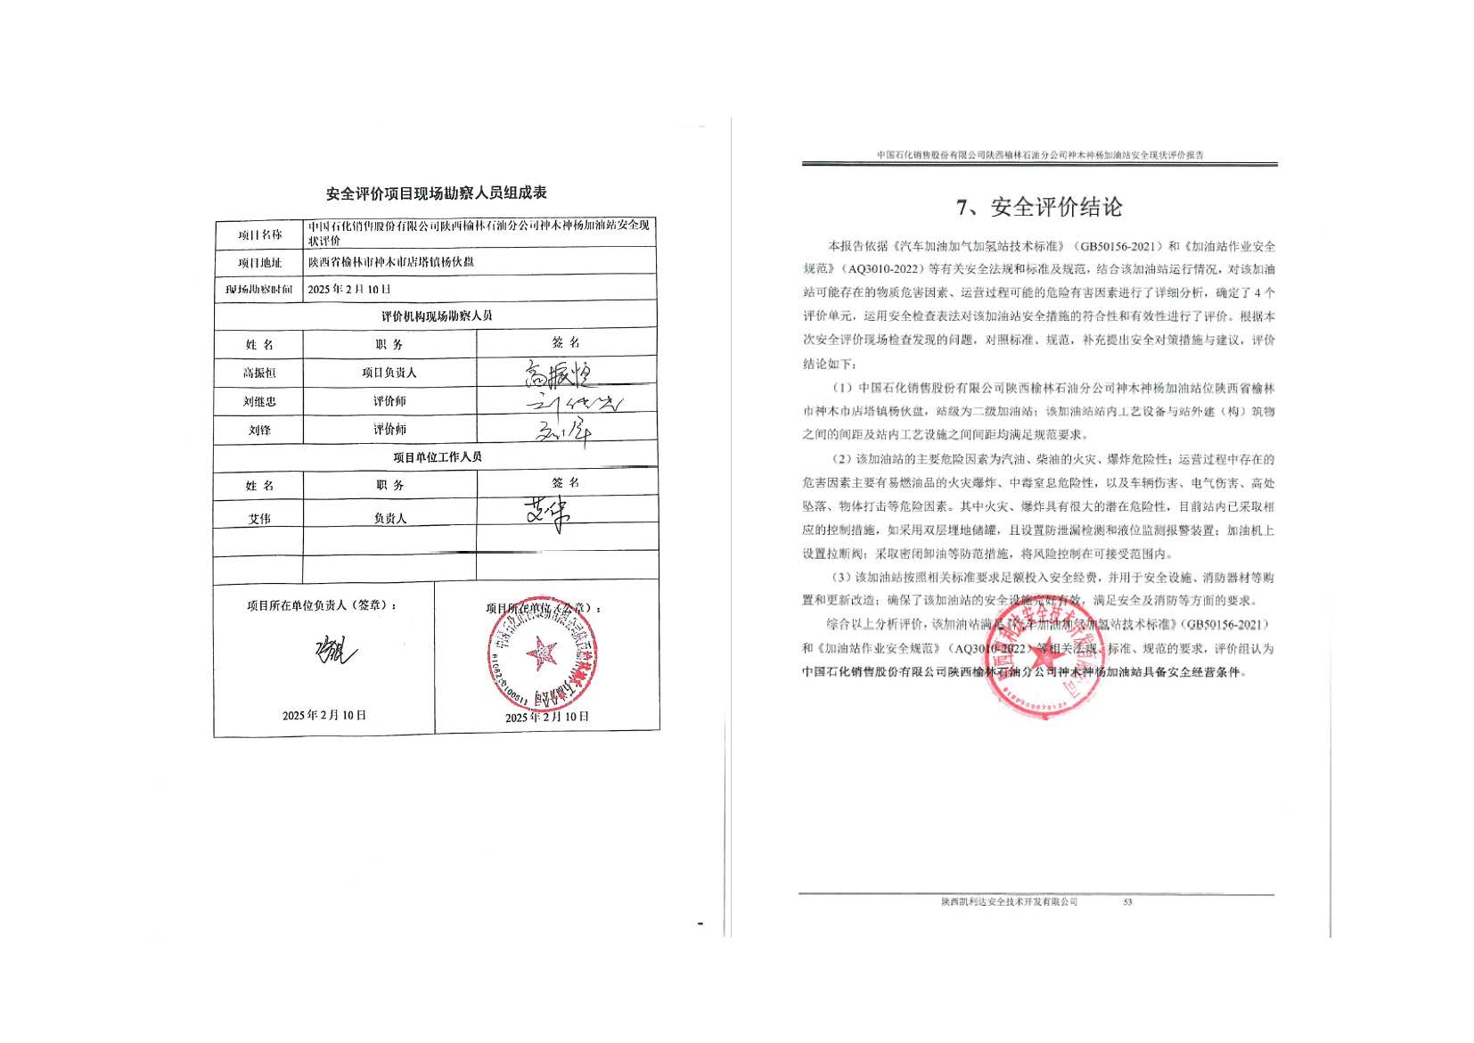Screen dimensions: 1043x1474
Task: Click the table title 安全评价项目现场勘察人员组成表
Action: tap(436, 193)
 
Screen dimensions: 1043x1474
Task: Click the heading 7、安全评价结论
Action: tap(1038, 208)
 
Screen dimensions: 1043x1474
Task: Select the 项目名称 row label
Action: tap(259, 235)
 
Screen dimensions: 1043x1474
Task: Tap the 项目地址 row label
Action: tap(259, 263)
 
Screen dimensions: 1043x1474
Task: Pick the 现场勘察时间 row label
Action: tap(259, 290)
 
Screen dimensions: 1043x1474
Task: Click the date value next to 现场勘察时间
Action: tap(349, 290)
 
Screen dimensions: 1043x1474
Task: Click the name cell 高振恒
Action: tap(259, 373)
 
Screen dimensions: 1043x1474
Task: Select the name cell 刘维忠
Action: tap(259, 401)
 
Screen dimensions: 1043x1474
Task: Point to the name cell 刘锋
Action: tap(259, 430)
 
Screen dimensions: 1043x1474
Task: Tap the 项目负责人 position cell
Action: tap(389, 373)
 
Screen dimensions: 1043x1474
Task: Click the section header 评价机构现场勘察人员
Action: tap(436, 316)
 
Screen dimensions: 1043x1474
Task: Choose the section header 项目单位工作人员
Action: tap(437, 457)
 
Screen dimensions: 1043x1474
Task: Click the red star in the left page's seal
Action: tap(541, 654)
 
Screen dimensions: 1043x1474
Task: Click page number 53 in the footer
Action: tap(1127, 902)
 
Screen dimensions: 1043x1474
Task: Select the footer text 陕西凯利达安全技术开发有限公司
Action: tap(1009, 902)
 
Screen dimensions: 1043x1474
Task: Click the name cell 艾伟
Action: tap(259, 518)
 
